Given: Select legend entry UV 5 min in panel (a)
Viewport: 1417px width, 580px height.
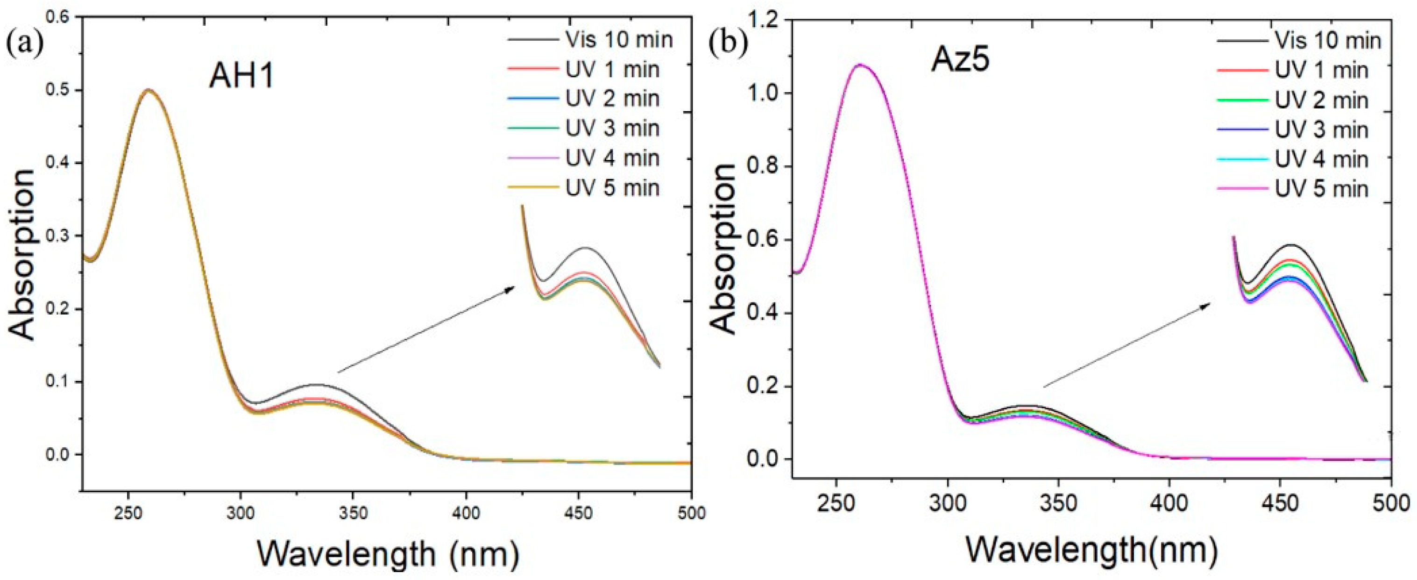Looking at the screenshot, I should [x=612, y=188].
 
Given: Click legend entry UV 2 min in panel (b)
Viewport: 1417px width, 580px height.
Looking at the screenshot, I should [x=1321, y=100].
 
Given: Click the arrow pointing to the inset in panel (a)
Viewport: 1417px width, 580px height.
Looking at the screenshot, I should [x=426, y=329].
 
